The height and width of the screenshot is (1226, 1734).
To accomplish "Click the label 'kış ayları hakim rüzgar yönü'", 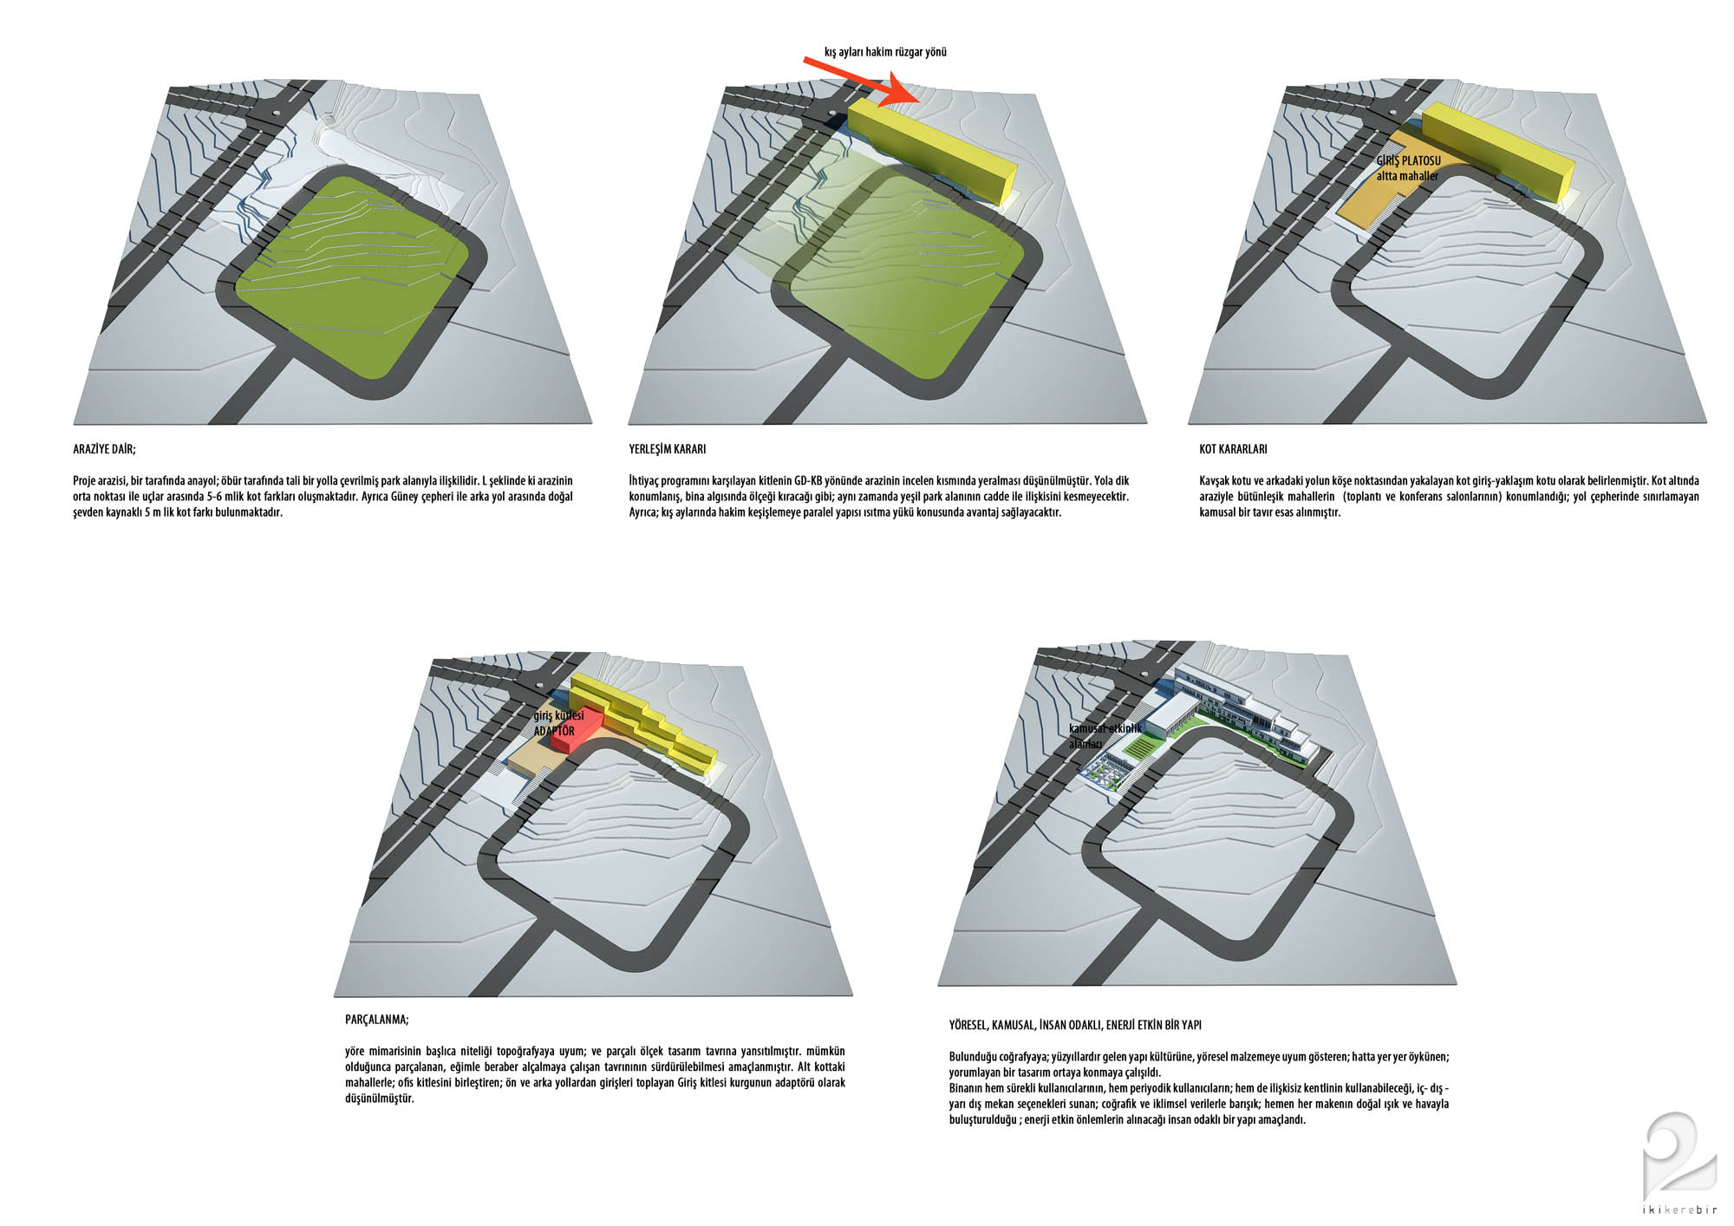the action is click(x=885, y=52).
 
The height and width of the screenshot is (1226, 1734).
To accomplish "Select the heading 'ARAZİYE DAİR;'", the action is click(x=104, y=449).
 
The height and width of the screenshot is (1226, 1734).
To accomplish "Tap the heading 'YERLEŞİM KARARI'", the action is click(x=668, y=449).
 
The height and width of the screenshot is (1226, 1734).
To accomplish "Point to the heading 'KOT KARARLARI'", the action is click(x=1233, y=449).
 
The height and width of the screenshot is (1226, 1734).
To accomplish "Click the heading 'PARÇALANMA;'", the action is click(x=376, y=1020).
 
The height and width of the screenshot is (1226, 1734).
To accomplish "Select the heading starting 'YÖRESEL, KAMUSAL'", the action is click(x=1075, y=1025).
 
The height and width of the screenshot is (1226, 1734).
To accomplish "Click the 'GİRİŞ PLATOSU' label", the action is click(x=1409, y=161).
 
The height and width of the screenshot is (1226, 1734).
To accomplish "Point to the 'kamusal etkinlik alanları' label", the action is click(x=1105, y=736).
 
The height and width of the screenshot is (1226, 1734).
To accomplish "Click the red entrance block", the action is click(x=579, y=727).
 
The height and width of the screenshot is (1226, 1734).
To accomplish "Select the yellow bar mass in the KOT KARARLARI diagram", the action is click(x=1496, y=151).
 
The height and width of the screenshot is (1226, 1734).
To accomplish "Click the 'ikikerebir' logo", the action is click(x=1679, y=1166).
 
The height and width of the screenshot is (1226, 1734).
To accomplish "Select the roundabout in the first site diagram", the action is click(x=275, y=112).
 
